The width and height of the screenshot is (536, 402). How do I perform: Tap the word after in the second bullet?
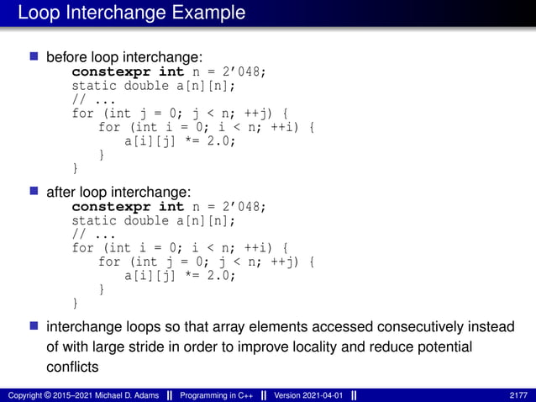[60, 192]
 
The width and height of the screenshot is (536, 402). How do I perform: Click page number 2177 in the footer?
[519, 395]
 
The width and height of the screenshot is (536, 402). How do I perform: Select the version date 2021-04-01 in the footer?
[318, 395]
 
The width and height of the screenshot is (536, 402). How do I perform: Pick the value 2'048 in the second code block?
[244, 206]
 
